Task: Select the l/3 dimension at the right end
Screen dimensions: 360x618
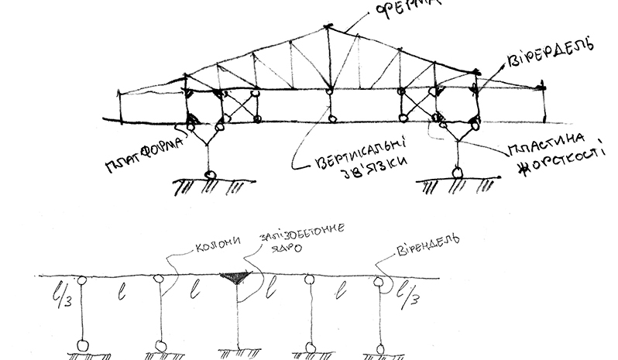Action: pyautogui.click(x=404, y=297)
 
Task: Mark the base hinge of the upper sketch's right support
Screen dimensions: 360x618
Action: pyautogui.click(x=458, y=173)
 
